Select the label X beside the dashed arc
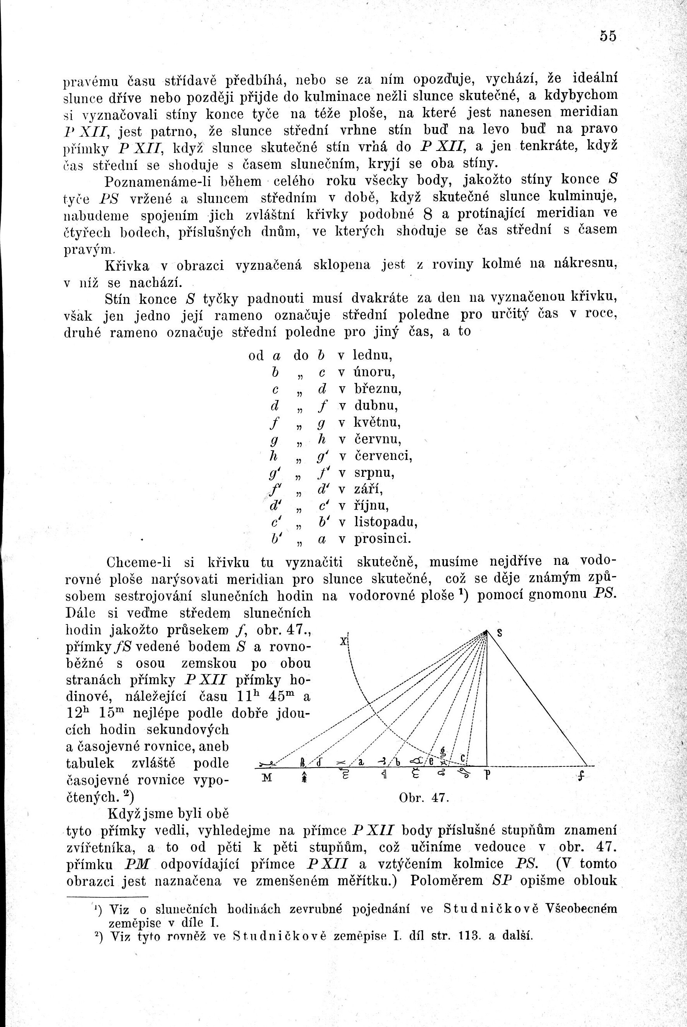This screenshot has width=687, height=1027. point(343,641)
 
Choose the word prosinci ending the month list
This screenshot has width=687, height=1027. point(383,537)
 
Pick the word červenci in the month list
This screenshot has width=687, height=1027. point(383,456)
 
